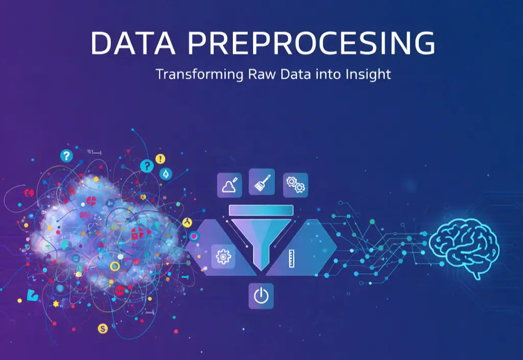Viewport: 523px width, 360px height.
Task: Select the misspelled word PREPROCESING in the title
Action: (x=311, y=43)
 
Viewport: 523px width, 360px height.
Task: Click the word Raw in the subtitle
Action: (x=249, y=74)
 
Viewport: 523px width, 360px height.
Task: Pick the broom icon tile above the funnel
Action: (x=261, y=181)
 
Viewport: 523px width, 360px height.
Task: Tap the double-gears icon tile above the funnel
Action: (x=295, y=185)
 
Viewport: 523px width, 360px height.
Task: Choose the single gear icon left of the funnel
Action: (x=223, y=256)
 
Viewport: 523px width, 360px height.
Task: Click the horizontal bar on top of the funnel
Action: (x=260, y=210)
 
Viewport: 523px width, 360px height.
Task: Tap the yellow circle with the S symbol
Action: (x=104, y=328)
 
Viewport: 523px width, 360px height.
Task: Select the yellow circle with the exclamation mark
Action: (x=160, y=159)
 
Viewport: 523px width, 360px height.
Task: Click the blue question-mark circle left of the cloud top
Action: (x=66, y=156)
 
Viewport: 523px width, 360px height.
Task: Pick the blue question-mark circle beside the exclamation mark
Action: (x=147, y=165)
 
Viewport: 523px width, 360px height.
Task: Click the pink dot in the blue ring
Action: (x=194, y=236)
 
